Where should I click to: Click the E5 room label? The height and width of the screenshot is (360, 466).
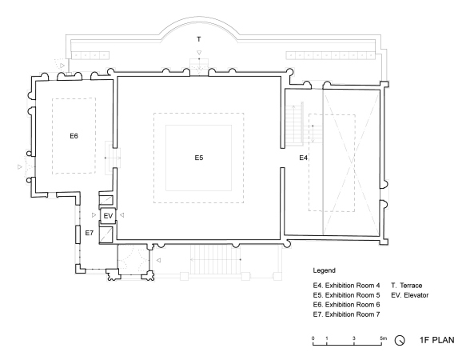[199, 158]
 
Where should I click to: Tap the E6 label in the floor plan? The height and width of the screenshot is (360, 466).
[74, 136]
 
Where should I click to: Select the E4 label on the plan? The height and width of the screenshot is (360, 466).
[303, 158]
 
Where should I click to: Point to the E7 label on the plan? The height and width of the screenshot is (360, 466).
[90, 233]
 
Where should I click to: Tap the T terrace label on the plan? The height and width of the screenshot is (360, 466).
[199, 39]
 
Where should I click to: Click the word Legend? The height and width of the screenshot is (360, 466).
[324, 270]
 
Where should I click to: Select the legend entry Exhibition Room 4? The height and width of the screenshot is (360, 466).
[347, 286]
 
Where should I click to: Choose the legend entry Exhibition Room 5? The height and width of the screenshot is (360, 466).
[347, 295]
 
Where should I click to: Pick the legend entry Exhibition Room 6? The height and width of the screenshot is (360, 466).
[347, 305]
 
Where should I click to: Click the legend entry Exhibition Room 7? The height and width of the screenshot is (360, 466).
[347, 314]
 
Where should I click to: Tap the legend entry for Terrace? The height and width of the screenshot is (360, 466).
[407, 286]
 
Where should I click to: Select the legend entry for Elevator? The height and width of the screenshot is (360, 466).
[410, 295]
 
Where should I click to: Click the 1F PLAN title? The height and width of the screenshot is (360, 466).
[437, 340]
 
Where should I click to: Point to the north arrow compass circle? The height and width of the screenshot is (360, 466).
[400, 340]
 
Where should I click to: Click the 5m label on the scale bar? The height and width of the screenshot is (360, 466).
[384, 338]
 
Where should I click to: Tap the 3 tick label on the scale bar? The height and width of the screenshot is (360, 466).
[354, 338]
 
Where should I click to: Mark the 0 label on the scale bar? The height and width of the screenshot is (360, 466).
[313, 338]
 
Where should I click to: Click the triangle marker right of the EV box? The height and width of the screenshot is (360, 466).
[121, 215]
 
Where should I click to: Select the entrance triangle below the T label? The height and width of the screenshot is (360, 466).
[199, 53]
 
